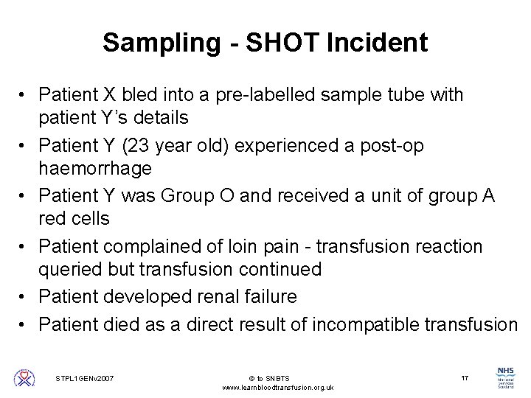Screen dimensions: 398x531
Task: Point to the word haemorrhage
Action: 95,169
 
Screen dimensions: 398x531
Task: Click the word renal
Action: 210,297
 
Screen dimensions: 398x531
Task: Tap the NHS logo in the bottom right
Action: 507,377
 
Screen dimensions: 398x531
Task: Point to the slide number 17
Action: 464,378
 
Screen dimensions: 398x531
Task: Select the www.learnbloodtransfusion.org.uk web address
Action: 277,388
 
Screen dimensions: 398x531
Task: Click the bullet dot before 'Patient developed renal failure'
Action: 25,297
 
